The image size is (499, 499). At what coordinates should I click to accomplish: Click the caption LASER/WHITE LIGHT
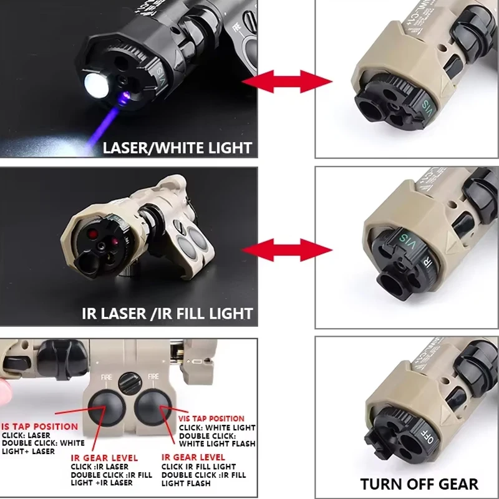[177, 148]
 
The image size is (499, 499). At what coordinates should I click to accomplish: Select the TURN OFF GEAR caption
[419, 483]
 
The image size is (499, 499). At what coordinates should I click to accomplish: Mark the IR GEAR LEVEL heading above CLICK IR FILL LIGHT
[193, 457]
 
